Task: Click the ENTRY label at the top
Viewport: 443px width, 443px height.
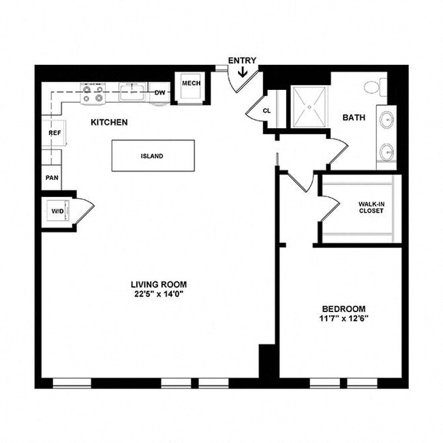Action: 242,61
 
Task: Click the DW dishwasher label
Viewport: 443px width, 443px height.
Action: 160,93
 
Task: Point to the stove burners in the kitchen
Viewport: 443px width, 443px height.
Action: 93,93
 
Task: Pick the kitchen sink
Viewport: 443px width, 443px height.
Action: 132,91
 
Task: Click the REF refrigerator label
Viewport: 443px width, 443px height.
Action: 55,133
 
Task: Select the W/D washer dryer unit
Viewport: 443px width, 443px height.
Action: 57,211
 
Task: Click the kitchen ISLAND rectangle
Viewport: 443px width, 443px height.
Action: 153,155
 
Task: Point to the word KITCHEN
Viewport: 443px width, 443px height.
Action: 109,123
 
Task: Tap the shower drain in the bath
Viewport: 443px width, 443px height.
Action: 310,106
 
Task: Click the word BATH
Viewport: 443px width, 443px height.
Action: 353,117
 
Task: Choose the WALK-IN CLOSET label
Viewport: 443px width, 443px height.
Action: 371,207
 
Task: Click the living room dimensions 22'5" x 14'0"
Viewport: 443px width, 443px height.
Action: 159,294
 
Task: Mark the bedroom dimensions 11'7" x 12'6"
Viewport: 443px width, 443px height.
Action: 344,318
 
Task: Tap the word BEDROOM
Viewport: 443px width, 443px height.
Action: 344,308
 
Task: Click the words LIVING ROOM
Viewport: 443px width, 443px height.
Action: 159,284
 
